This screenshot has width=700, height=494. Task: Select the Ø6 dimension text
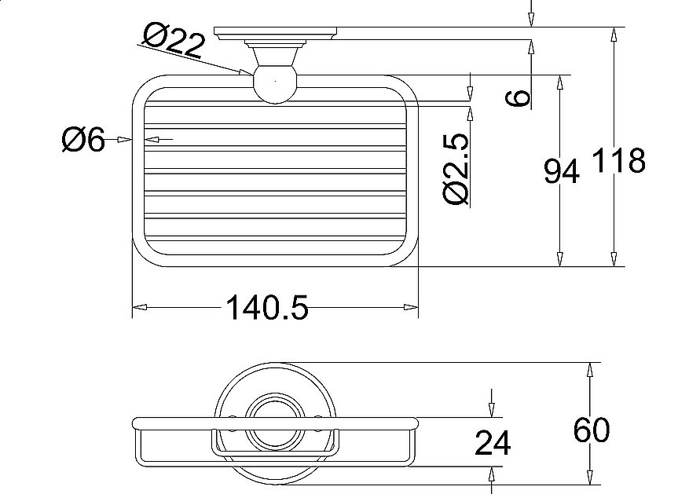[82, 141]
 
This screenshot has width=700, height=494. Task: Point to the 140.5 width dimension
[267, 308]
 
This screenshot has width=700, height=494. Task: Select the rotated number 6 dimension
[518, 97]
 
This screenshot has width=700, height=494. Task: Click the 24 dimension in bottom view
[493, 445]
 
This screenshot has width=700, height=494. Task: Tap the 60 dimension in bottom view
[591, 430]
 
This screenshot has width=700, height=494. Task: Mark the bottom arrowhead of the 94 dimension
[559, 260]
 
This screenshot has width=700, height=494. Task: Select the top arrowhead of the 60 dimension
[589, 369]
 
